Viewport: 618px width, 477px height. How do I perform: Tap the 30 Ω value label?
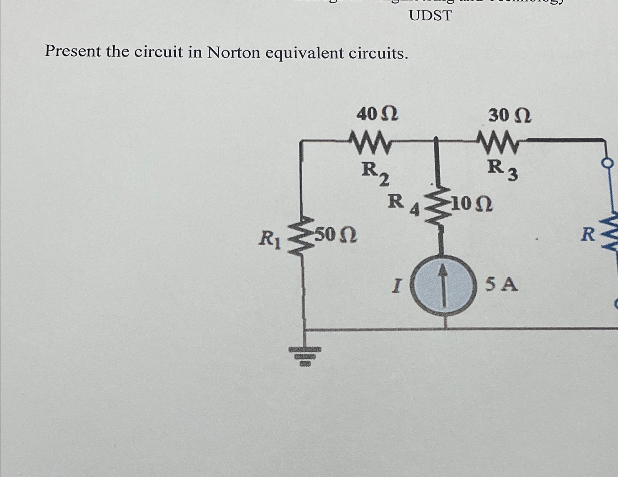click(510, 116)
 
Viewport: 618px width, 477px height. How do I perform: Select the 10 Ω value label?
click(472, 204)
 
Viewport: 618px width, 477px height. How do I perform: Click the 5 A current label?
click(501, 285)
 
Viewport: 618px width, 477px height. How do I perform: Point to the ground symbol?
click(304, 355)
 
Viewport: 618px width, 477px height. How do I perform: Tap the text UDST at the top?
click(430, 16)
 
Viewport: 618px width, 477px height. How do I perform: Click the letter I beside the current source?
click(397, 286)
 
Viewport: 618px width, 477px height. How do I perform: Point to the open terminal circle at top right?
click(609, 163)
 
